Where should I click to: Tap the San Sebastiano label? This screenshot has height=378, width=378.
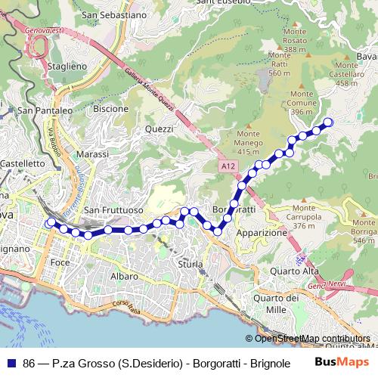114,14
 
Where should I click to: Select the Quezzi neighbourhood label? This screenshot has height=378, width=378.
159,129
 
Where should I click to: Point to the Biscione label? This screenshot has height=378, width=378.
110,109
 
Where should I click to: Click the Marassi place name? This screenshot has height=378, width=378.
93,153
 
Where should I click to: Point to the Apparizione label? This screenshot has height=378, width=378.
262,234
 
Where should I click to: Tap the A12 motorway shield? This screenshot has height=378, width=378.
228,165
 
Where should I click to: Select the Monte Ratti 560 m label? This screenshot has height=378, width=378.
279,64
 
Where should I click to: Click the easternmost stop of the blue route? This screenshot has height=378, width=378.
328,122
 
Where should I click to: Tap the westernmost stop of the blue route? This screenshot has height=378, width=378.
50,223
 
